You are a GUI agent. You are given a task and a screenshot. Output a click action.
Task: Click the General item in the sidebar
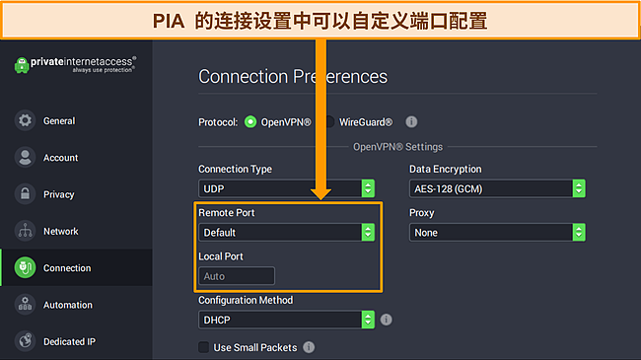pos(59,121)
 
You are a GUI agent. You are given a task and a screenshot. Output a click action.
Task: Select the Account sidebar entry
pos(60,158)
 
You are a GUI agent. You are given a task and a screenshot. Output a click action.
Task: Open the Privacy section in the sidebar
pos(58,194)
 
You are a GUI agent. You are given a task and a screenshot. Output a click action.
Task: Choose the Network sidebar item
pos(60,231)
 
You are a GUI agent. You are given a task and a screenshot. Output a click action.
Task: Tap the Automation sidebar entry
pos(67,305)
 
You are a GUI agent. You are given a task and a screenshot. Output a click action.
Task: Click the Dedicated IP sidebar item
pos(69,341)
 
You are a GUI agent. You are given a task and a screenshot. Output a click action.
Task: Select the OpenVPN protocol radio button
pos(250,122)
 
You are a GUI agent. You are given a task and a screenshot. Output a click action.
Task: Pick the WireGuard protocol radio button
pos(332,122)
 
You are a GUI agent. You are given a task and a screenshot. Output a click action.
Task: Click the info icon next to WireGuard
pos(412,122)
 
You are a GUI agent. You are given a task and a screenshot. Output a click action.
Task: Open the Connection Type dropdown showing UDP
pos(286,188)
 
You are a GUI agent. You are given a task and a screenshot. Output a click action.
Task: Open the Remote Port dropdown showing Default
pos(286,233)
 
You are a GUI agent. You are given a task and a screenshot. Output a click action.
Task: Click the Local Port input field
pos(237,277)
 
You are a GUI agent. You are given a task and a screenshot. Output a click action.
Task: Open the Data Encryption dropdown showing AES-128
pos(497,188)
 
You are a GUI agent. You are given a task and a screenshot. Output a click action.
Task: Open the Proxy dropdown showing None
pos(497,233)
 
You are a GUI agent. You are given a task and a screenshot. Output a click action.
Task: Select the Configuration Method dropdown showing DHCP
pos(286,320)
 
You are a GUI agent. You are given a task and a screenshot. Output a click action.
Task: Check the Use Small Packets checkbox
pos(204,347)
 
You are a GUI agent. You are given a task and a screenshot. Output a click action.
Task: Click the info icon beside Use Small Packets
pos(309,347)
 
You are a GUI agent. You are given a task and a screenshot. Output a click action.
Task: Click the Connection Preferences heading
pos(293,77)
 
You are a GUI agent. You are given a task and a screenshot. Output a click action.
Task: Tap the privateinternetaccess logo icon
pos(23,66)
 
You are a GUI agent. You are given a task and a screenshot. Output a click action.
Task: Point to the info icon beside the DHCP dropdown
pos(386,320)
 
